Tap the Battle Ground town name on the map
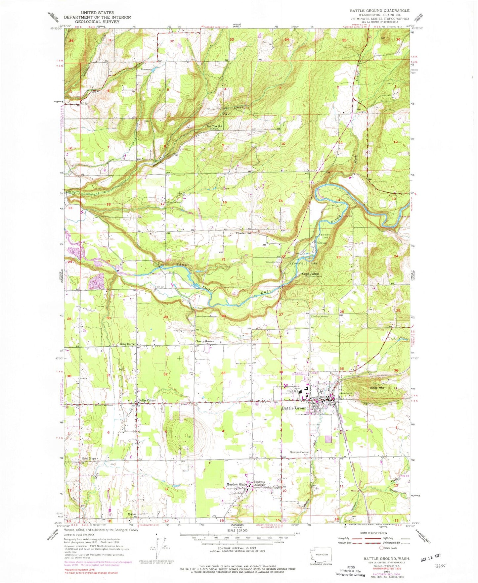295,408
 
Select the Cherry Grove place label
204,341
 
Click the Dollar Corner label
147,401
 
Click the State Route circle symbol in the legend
381,548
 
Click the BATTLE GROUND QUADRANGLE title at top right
379,11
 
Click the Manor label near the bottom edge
132,514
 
